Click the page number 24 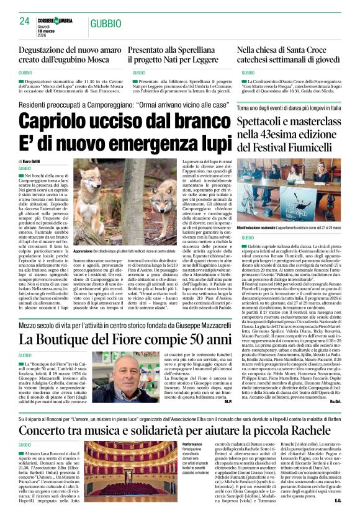tap(24, 21)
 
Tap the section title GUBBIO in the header tap(104, 24)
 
